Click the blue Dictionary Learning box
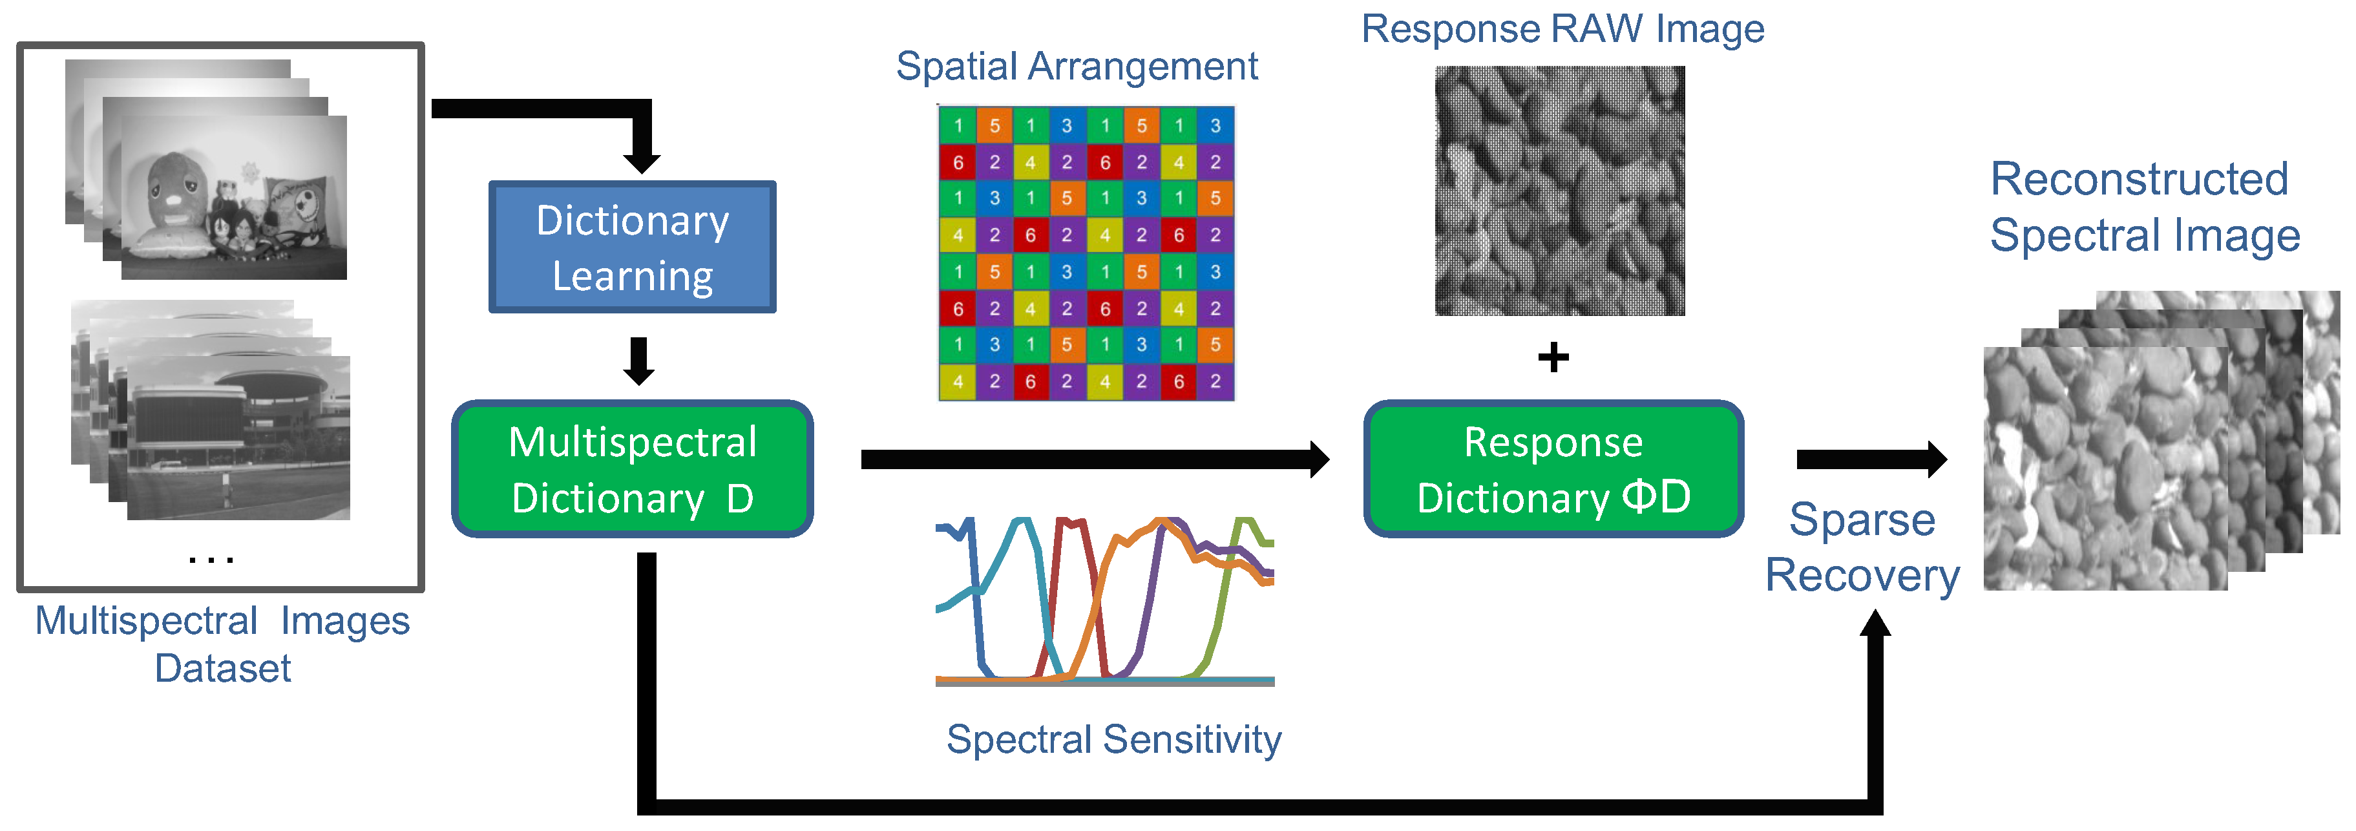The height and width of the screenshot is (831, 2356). coord(632,247)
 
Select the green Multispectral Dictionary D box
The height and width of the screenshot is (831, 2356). coord(632,469)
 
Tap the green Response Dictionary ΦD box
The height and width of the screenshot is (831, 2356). coord(1553,469)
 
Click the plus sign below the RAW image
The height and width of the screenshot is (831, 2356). coord(1553,357)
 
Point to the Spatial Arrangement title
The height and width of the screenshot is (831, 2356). coord(1077,66)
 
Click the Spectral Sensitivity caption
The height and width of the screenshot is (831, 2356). coord(1113,739)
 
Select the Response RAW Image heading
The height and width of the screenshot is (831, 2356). coord(1562,28)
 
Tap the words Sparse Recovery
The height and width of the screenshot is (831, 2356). coord(1862,547)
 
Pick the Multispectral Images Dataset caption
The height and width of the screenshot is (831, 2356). coord(222,644)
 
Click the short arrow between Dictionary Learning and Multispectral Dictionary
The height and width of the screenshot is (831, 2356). coord(638,360)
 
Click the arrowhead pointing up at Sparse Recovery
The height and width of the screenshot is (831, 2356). coord(1875,624)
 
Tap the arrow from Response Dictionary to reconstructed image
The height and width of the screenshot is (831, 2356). coord(1870,459)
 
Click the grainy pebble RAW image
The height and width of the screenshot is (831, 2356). coord(1559,190)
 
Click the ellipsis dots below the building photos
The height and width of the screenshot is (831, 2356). coord(211,558)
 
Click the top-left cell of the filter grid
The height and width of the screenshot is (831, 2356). coord(958,125)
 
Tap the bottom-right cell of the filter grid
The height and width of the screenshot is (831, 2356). coord(1215,381)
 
